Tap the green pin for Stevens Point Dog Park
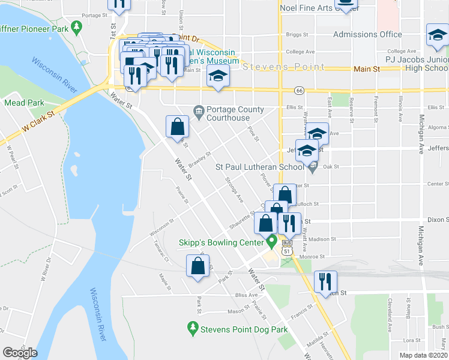click(x=193, y=328)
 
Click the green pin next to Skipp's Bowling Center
click(x=271, y=242)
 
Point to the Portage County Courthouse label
click(x=235, y=113)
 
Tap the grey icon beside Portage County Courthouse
click(x=199, y=110)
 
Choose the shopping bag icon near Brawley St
click(x=177, y=127)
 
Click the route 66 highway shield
click(x=298, y=90)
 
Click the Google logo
click(x=20, y=353)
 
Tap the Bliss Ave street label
click(x=246, y=295)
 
